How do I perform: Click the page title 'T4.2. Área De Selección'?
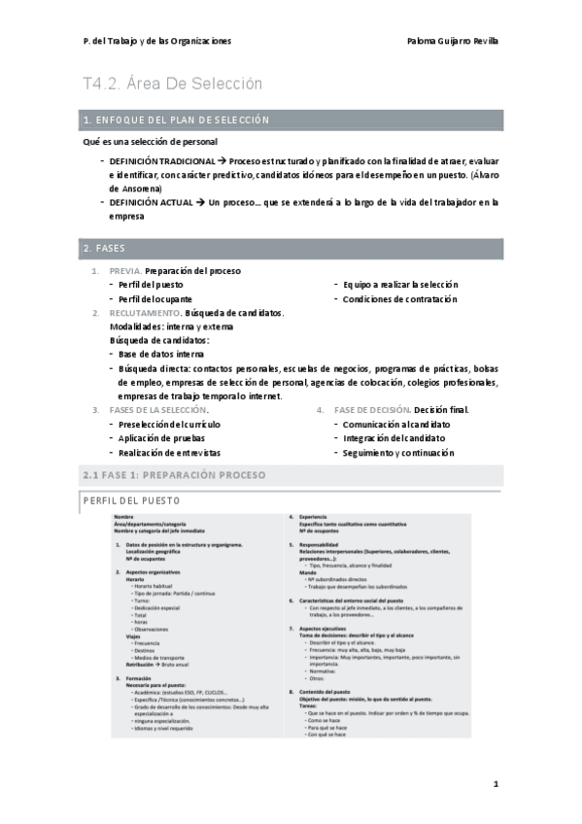click(173, 84)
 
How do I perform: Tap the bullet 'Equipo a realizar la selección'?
click(399, 285)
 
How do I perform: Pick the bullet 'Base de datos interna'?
click(161, 355)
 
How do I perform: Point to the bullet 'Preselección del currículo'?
click(169, 425)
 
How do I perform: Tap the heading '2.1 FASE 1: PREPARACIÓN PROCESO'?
click(174, 475)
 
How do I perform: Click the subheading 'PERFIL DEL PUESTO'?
click(132, 500)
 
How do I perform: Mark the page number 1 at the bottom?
click(495, 783)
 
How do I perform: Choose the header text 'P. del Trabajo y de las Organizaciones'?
click(157, 42)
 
